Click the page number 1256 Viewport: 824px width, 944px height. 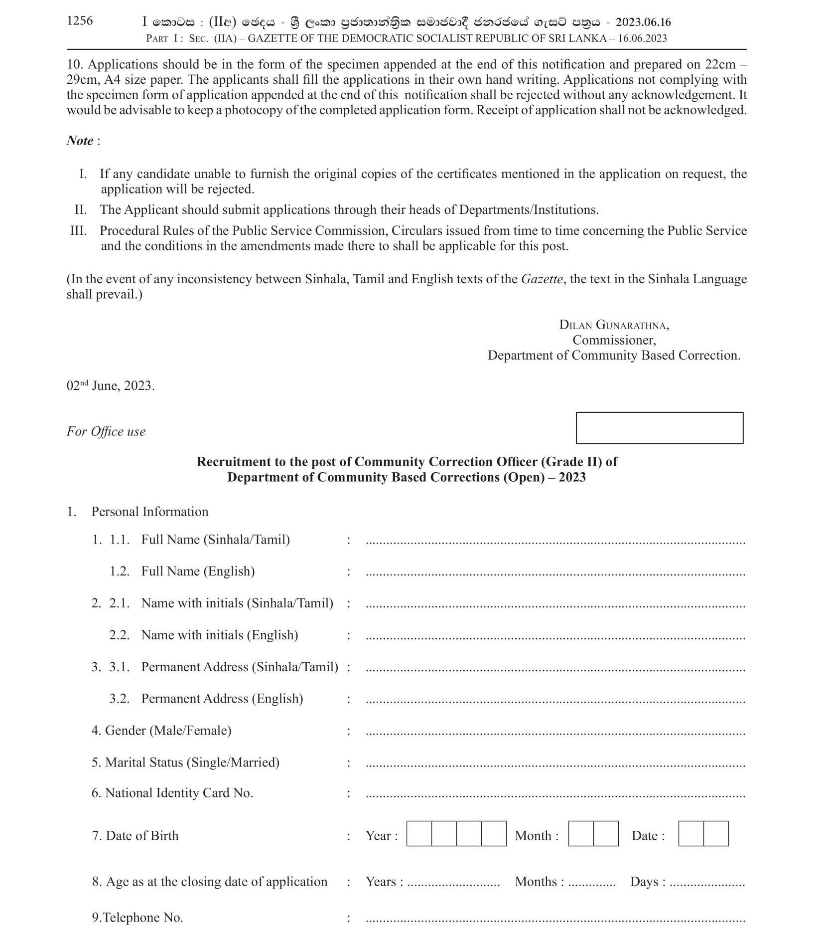pos(80,20)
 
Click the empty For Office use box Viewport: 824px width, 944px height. pos(659,427)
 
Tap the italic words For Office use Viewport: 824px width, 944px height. pos(106,431)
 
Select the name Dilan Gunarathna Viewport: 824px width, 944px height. pos(614,325)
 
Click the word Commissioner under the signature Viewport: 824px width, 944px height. pos(614,340)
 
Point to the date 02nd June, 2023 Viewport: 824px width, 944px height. pos(111,385)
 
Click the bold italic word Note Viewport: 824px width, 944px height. pos(80,141)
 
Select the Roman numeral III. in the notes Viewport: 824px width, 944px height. pos(79,230)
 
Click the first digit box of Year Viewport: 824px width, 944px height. pos(418,834)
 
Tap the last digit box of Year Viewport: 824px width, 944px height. pos(493,834)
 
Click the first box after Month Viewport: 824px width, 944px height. pos(580,834)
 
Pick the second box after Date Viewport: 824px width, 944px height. pos(715,834)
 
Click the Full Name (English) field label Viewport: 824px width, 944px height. pos(198,571)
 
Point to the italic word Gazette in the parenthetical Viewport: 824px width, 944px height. pos(542,279)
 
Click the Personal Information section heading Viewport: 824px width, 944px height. pos(149,512)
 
